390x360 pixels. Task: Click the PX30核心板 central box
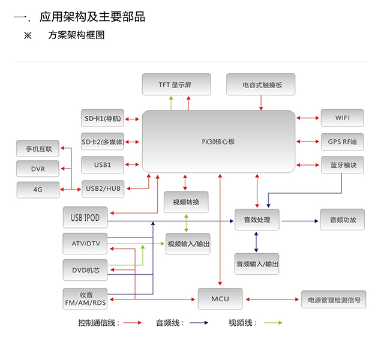[x=218, y=142]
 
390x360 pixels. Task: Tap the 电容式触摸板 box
[x=262, y=85]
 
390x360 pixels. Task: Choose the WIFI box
[x=341, y=118]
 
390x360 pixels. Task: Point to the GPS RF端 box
[x=341, y=142]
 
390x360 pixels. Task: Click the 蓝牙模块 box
[x=341, y=165]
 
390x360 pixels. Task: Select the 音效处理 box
[x=257, y=220]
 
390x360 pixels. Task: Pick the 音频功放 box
[x=342, y=220]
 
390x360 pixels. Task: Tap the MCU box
[x=220, y=298]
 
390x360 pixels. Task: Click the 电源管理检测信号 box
[x=334, y=299]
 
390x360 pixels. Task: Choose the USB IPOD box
[x=85, y=217]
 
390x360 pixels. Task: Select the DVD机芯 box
[x=85, y=271]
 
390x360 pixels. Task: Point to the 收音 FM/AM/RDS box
[x=85, y=298]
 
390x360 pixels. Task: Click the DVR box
[x=38, y=169]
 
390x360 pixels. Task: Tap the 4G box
[x=38, y=190]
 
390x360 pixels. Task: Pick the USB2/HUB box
[x=103, y=188]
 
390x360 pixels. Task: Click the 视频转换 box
[x=186, y=202]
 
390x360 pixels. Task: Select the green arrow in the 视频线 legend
[x=271, y=323]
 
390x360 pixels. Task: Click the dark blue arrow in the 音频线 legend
[x=199, y=323]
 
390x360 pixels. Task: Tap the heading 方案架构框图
[x=76, y=35]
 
